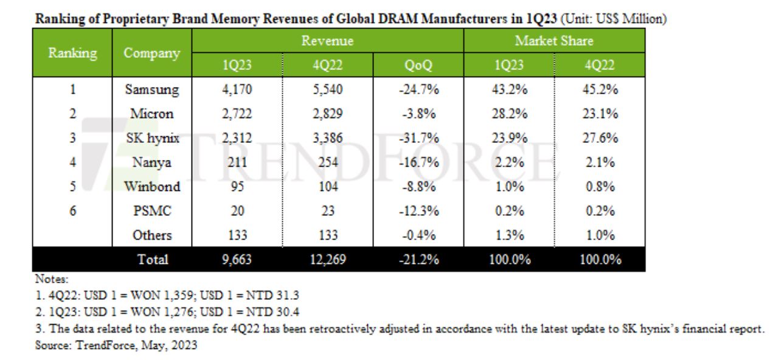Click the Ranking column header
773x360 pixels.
(x=72, y=53)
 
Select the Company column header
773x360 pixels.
(x=151, y=53)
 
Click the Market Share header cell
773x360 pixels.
(x=553, y=41)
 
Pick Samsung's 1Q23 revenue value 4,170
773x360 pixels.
(x=237, y=89)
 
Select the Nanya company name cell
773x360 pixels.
(x=151, y=162)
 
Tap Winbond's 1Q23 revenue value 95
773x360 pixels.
(x=237, y=187)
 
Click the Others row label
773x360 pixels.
(x=151, y=235)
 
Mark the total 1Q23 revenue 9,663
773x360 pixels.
(x=237, y=260)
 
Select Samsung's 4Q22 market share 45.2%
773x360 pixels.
(x=599, y=89)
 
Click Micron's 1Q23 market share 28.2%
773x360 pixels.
(x=509, y=114)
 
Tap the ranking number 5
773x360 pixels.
(x=72, y=187)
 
